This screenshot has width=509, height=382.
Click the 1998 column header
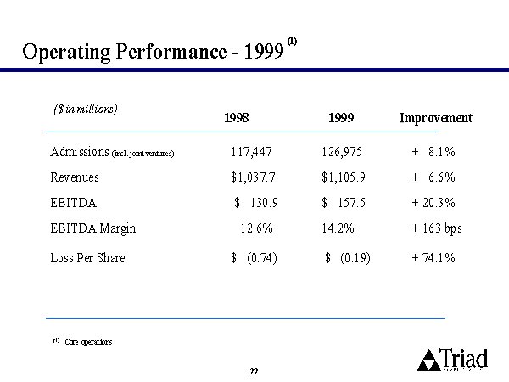(x=237, y=119)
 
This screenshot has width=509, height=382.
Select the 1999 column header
(x=338, y=119)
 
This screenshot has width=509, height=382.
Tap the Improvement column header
(x=436, y=119)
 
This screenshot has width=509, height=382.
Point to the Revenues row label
(x=75, y=177)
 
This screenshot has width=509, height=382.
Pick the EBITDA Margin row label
(x=93, y=228)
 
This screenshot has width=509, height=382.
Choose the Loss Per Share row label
(x=88, y=257)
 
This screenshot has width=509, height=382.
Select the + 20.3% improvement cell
(x=434, y=204)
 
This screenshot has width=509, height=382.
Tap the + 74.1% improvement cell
(x=434, y=257)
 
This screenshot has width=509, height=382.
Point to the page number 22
(x=254, y=372)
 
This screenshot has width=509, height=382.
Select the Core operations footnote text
(x=88, y=341)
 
